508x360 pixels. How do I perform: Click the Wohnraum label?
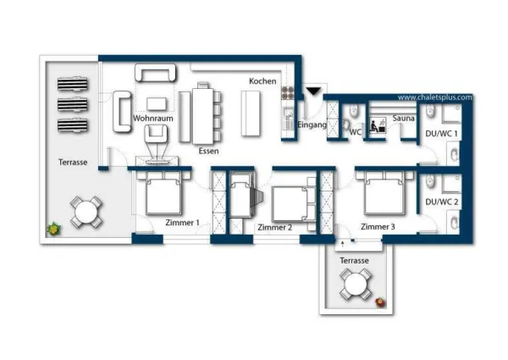[153, 119]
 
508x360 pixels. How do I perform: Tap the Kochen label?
[262, 81]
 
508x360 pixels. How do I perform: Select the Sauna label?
[403, 119]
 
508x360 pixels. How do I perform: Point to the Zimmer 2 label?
[274, 228]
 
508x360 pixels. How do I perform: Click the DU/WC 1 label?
[442, 134]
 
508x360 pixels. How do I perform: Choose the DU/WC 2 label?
[442, 202]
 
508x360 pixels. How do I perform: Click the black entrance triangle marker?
[313, 91]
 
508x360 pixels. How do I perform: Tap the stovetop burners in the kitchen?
[287, 92]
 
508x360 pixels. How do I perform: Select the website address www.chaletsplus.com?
[435, 97]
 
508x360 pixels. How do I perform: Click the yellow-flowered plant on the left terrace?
[53, 229]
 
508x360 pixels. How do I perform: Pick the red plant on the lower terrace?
[381, 302]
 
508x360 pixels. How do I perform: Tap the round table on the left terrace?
[86, 213]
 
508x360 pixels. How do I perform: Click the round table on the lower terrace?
[356, 285]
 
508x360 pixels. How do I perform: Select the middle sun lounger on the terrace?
[73, 105]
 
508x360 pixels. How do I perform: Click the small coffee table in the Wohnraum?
[157, 104]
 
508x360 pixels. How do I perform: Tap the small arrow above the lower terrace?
[343, 244]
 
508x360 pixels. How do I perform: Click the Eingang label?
[312, 125]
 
